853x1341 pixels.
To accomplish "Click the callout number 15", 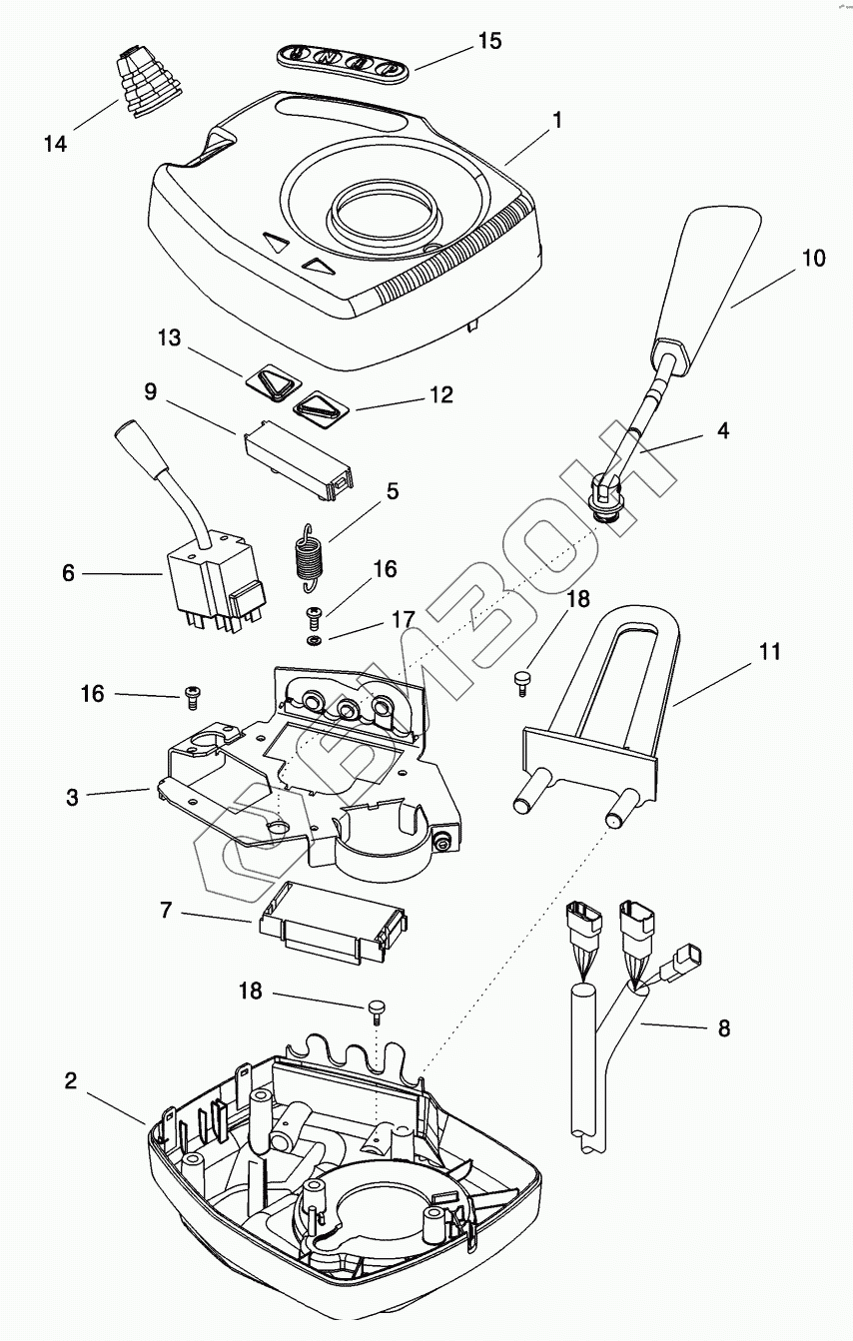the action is coord(489,41).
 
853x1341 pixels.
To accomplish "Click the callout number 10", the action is coord(813,258).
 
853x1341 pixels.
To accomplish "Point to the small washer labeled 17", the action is coord(312,641).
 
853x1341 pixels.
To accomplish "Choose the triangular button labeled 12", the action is coord(321,410).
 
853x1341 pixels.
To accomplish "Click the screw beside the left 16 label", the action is coord(192,697).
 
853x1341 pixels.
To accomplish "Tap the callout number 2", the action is coord(71,1081).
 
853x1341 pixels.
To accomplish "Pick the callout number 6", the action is coord(68,573).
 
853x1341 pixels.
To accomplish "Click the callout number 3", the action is coord(72,798).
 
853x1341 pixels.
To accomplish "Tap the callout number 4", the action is coord(723,430).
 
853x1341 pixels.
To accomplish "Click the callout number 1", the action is coord(557,121).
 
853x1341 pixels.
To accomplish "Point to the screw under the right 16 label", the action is coord(314,615).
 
